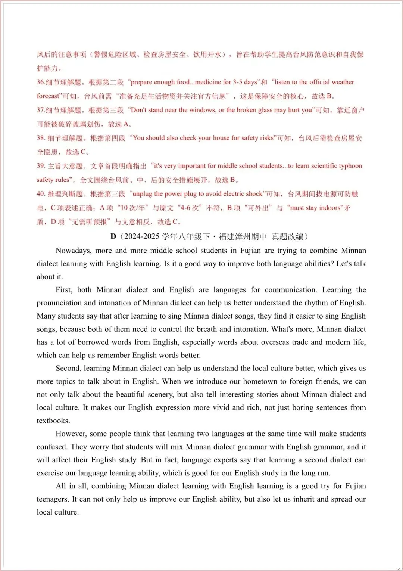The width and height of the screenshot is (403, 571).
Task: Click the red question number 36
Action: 40,82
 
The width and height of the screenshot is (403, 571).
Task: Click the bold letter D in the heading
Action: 113,236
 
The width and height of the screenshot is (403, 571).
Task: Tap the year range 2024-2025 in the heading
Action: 142,236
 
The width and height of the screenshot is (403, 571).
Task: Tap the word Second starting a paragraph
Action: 68,368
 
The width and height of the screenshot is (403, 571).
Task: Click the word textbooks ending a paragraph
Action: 53,421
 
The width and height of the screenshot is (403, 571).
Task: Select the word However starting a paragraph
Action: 71,434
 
